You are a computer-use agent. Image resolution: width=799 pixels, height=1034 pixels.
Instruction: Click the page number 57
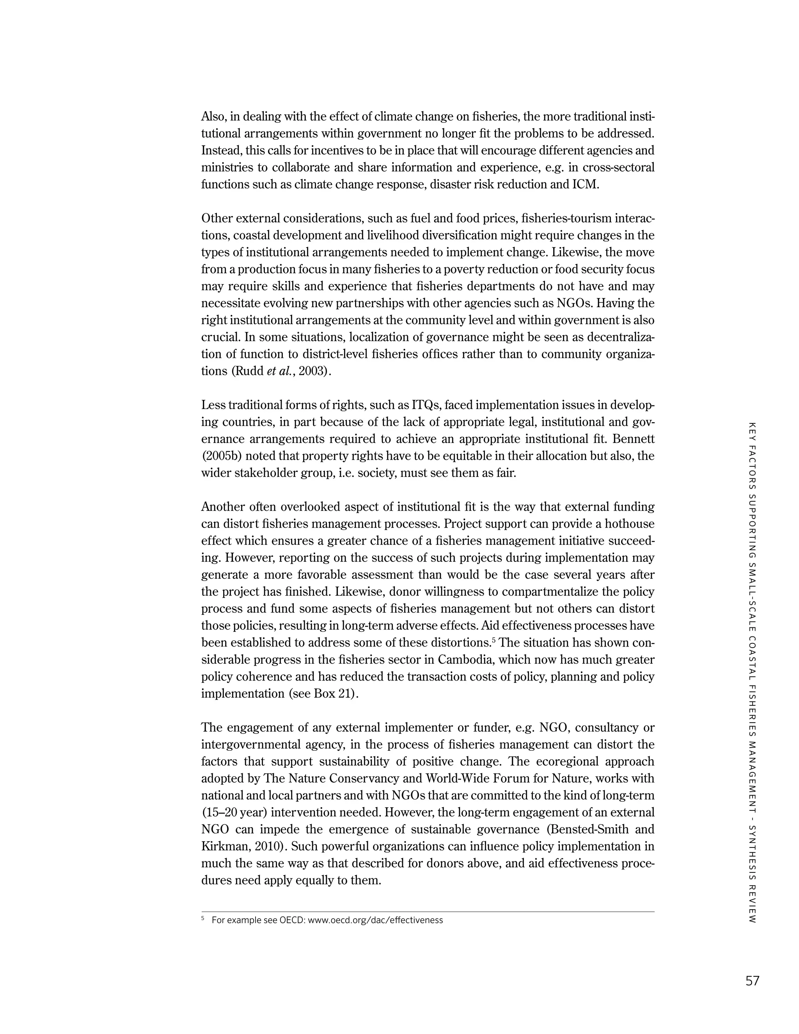[752, 981]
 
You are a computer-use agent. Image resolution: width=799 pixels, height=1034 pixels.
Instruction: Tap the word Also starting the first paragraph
[213, 116]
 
